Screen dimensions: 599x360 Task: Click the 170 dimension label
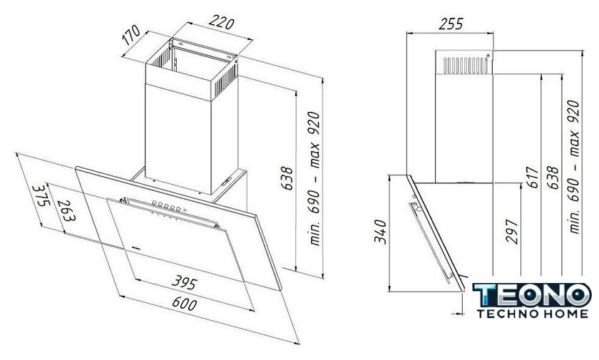tap(132, 35)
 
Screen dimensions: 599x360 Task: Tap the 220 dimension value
tap(220, 23)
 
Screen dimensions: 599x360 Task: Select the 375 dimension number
tap(41, 195)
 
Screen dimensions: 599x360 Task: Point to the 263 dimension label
tap(66, 211)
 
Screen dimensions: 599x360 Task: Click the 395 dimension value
tap(184, 282)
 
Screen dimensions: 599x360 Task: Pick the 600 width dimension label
tap(185, 303)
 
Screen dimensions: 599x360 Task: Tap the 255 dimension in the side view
tap(451, 24)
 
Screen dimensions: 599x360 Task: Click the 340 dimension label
tap(381, 232)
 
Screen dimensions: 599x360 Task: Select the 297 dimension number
tap(512, 231)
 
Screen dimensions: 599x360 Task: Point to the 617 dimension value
tap(533, 177)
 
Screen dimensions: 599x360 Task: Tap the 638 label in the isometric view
tap(287, 178)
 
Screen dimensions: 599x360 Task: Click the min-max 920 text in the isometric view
tap(314, 178)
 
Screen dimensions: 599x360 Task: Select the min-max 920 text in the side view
tap(574, 167)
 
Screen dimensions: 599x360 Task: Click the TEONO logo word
tap(532, 295)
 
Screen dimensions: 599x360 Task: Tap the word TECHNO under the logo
tap(506, 314)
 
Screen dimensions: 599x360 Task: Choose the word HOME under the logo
tap(565, 314)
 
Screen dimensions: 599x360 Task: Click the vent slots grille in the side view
tap(465, 66)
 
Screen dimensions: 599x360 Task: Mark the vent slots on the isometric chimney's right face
tap(226, 79)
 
